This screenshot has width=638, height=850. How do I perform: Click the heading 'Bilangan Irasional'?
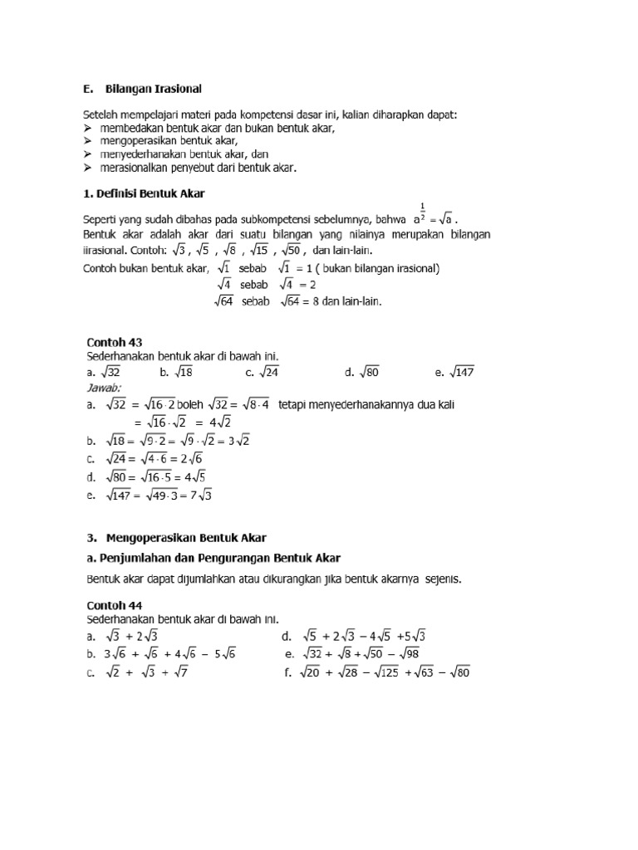(x=154, y=87)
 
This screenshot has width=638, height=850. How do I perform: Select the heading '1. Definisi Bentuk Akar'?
(x=144, y=193)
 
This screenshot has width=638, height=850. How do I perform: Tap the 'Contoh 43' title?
(x=115, y=341)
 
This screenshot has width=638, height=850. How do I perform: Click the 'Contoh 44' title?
(x=115, y=605)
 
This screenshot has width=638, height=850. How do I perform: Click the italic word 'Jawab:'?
(x=104, y=388)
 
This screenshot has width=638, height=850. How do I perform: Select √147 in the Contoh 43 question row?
(x=460, y=373)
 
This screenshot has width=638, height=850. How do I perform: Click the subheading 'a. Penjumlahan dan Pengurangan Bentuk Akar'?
(x=213, y=557)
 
